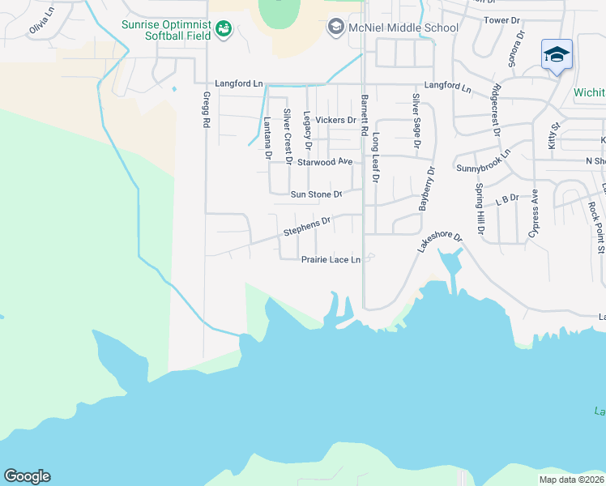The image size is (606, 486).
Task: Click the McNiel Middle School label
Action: [x=403, y=28]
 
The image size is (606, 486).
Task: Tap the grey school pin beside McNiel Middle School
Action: [x=335, y=28]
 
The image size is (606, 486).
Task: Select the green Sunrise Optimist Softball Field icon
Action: [x=224, y=30]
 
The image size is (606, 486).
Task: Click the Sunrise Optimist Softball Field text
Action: [x=166, y=30]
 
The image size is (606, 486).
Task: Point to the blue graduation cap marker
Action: [x=557, y=55]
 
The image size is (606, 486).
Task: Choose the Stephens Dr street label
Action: [x=307, y=226]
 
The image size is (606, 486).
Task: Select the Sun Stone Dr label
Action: [x=317, y=194]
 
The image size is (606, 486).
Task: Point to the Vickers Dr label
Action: [x=335, y=120]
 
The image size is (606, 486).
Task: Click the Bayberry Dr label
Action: [x=426, y=189]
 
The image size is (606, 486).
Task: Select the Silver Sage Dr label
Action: [x=416, y=121]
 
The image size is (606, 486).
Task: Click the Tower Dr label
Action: [x=501, y=19]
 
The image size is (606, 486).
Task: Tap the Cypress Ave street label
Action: [x=534, y=213]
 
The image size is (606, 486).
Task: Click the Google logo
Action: [x=27, y=476]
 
